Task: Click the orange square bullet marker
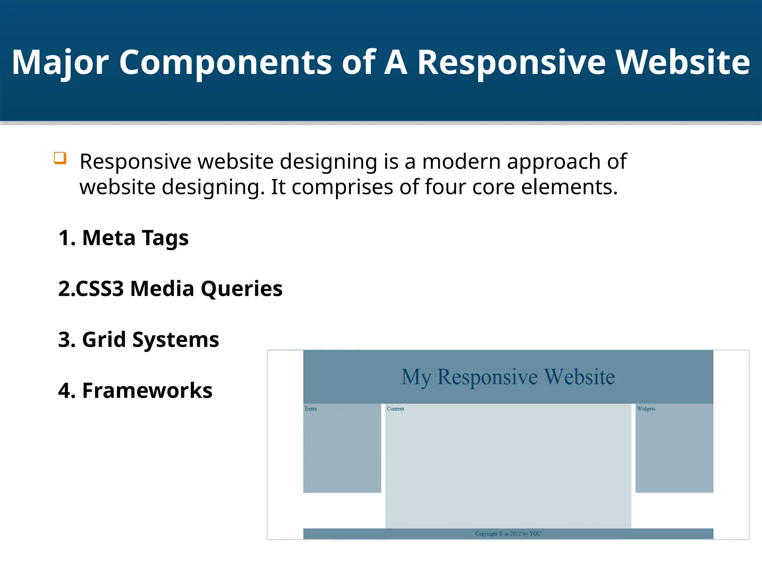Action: (x=60, y=158)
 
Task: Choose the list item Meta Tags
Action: (x=135, y=238)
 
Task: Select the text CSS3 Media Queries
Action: (x=179, y=289)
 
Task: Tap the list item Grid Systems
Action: (x=150, y=340)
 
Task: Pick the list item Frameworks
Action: (x=147, y=391)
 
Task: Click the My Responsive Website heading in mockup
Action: (x=508, y=377)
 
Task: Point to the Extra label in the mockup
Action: (x=311, y=409)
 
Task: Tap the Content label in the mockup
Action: (x=395, y=409)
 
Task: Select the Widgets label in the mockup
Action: (x=646, y=409)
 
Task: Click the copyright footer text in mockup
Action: (x=508, y=534)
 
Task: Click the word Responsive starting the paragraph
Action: (x=135, y=162)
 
